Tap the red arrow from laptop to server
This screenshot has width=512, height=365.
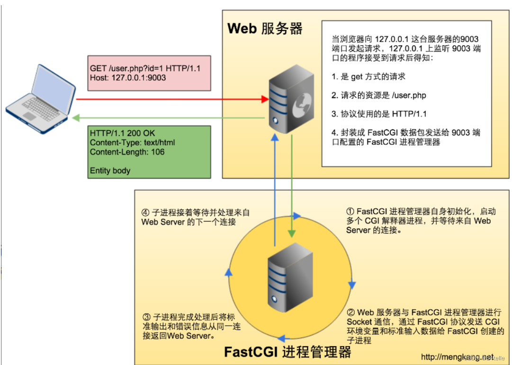(171, 99)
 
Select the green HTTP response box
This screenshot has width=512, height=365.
(149, 151)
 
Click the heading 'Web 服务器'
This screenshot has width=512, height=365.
(264, 28)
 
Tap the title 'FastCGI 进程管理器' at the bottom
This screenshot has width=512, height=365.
(287, 352)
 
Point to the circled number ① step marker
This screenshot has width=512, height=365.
(350, 212)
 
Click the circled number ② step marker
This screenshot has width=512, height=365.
(351, 312)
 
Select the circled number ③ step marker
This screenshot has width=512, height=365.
(146, 317)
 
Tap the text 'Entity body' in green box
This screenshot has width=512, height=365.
(110, 170)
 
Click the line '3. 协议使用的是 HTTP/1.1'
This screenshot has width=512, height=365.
(379, 114)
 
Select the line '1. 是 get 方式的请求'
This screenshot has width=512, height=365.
(368, 76)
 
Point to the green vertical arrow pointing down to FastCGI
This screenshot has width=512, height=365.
(292, 189)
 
